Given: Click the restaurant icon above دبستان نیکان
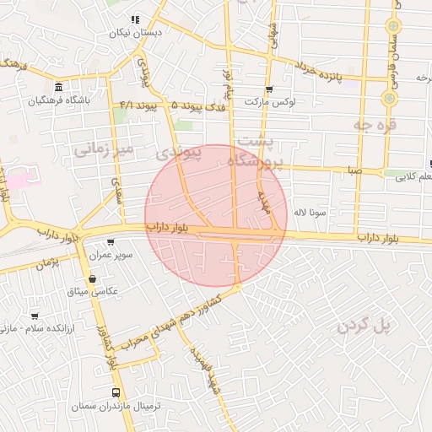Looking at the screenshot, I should (x=135, y=20).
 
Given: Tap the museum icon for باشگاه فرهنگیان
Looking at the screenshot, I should (x=57, y=88).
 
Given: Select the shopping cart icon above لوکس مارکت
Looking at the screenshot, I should (x=269, y=89).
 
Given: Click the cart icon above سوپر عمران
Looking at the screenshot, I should (x=111, y=241).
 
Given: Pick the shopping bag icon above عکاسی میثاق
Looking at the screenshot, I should (x=92, y=278).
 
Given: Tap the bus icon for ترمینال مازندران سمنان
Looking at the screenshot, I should (x=116, y=392).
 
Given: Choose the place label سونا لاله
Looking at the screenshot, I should (x=309, y=213).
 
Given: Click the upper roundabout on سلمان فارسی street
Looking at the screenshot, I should (x=392, y=26).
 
